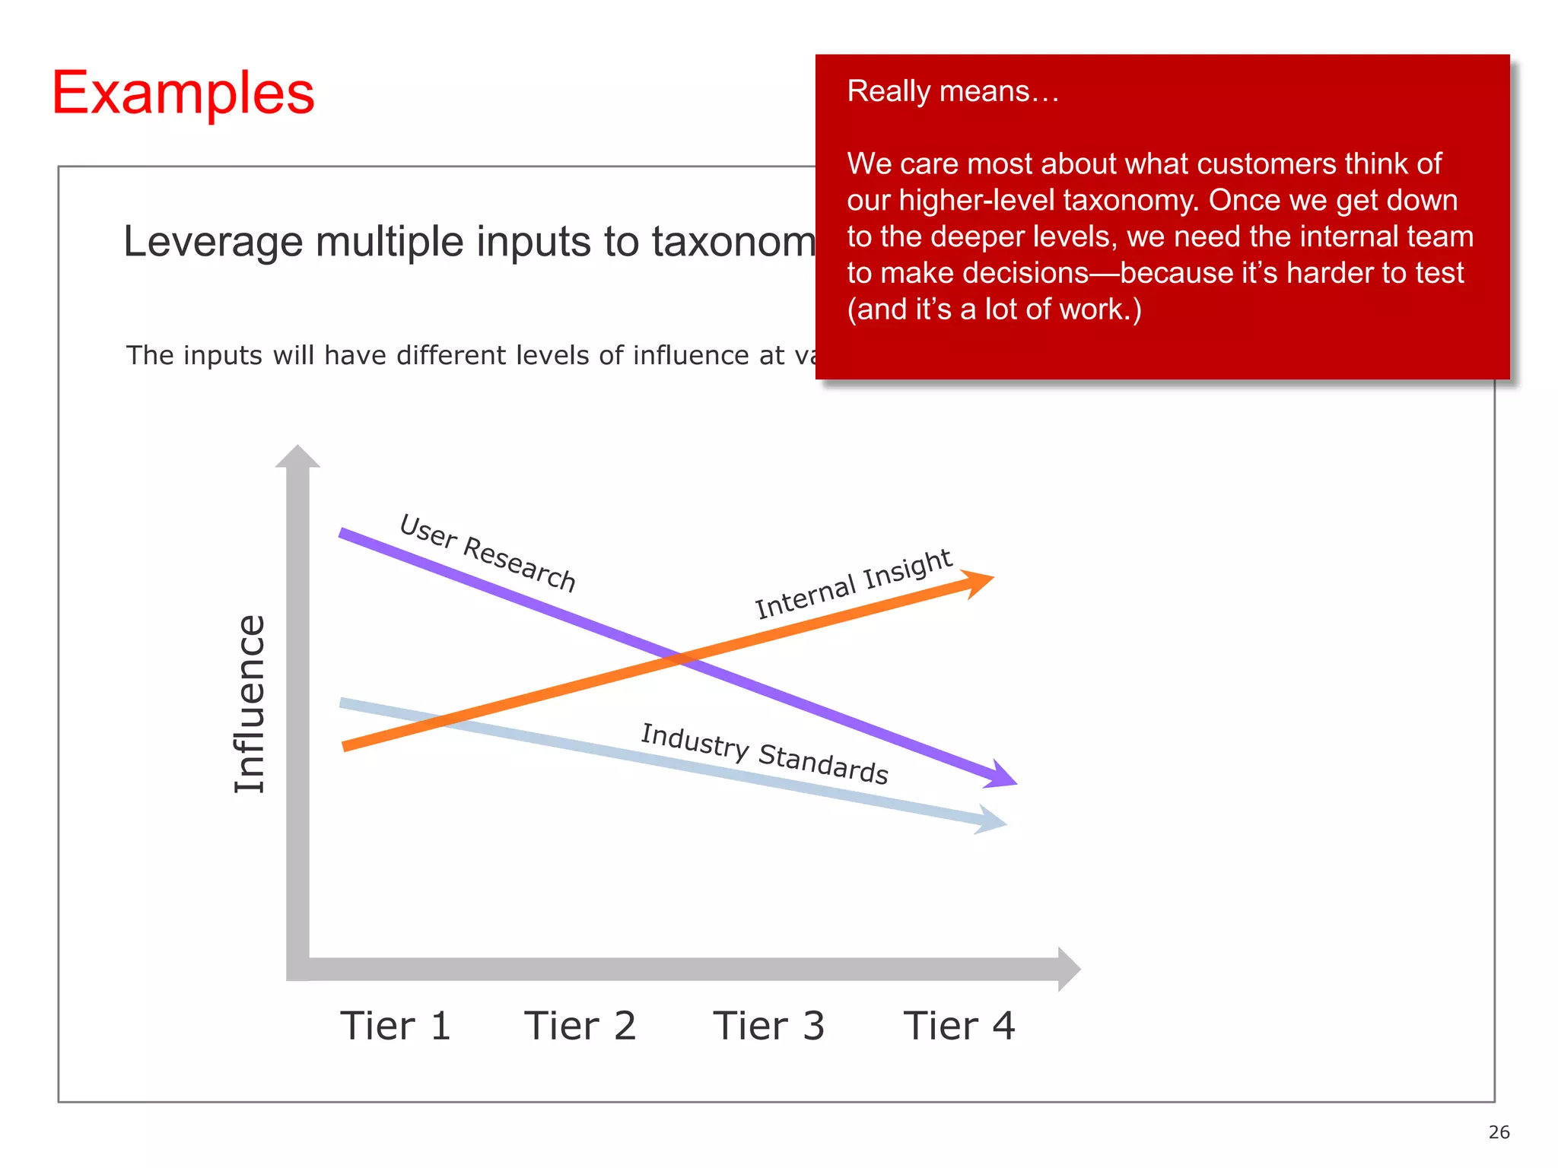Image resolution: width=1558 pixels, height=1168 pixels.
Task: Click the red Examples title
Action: coord(183,93)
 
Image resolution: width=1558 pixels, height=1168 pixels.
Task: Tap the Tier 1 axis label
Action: coord(396,1026)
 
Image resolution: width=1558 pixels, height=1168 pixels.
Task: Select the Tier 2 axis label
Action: coord(580,1026)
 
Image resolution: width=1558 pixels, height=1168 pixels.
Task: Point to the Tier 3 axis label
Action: coord(768,1026)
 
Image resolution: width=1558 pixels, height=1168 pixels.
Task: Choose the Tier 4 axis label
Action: coord(959,1026)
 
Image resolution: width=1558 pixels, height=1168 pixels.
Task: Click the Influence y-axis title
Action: coord(250,703)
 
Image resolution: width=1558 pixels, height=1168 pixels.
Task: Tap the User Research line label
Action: coord(488,553)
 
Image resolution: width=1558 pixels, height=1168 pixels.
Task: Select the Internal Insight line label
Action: coord(853,584)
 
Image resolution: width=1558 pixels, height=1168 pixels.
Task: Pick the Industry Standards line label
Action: coord(765,754)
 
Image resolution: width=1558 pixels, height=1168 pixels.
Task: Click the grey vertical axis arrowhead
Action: coord(297,455)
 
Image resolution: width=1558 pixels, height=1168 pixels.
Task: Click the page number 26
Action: coord(1499,1132)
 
